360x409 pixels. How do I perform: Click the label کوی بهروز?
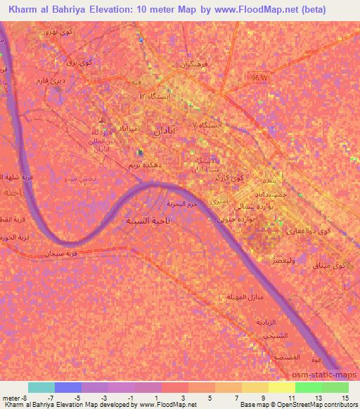[56, 33]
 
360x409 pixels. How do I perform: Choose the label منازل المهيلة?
[245, 298]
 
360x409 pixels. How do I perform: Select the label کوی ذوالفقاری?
[314, 231]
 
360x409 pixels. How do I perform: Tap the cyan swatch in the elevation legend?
[41, 387]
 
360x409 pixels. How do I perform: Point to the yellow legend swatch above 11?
[281, 387]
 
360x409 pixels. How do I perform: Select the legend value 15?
[345, 398]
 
